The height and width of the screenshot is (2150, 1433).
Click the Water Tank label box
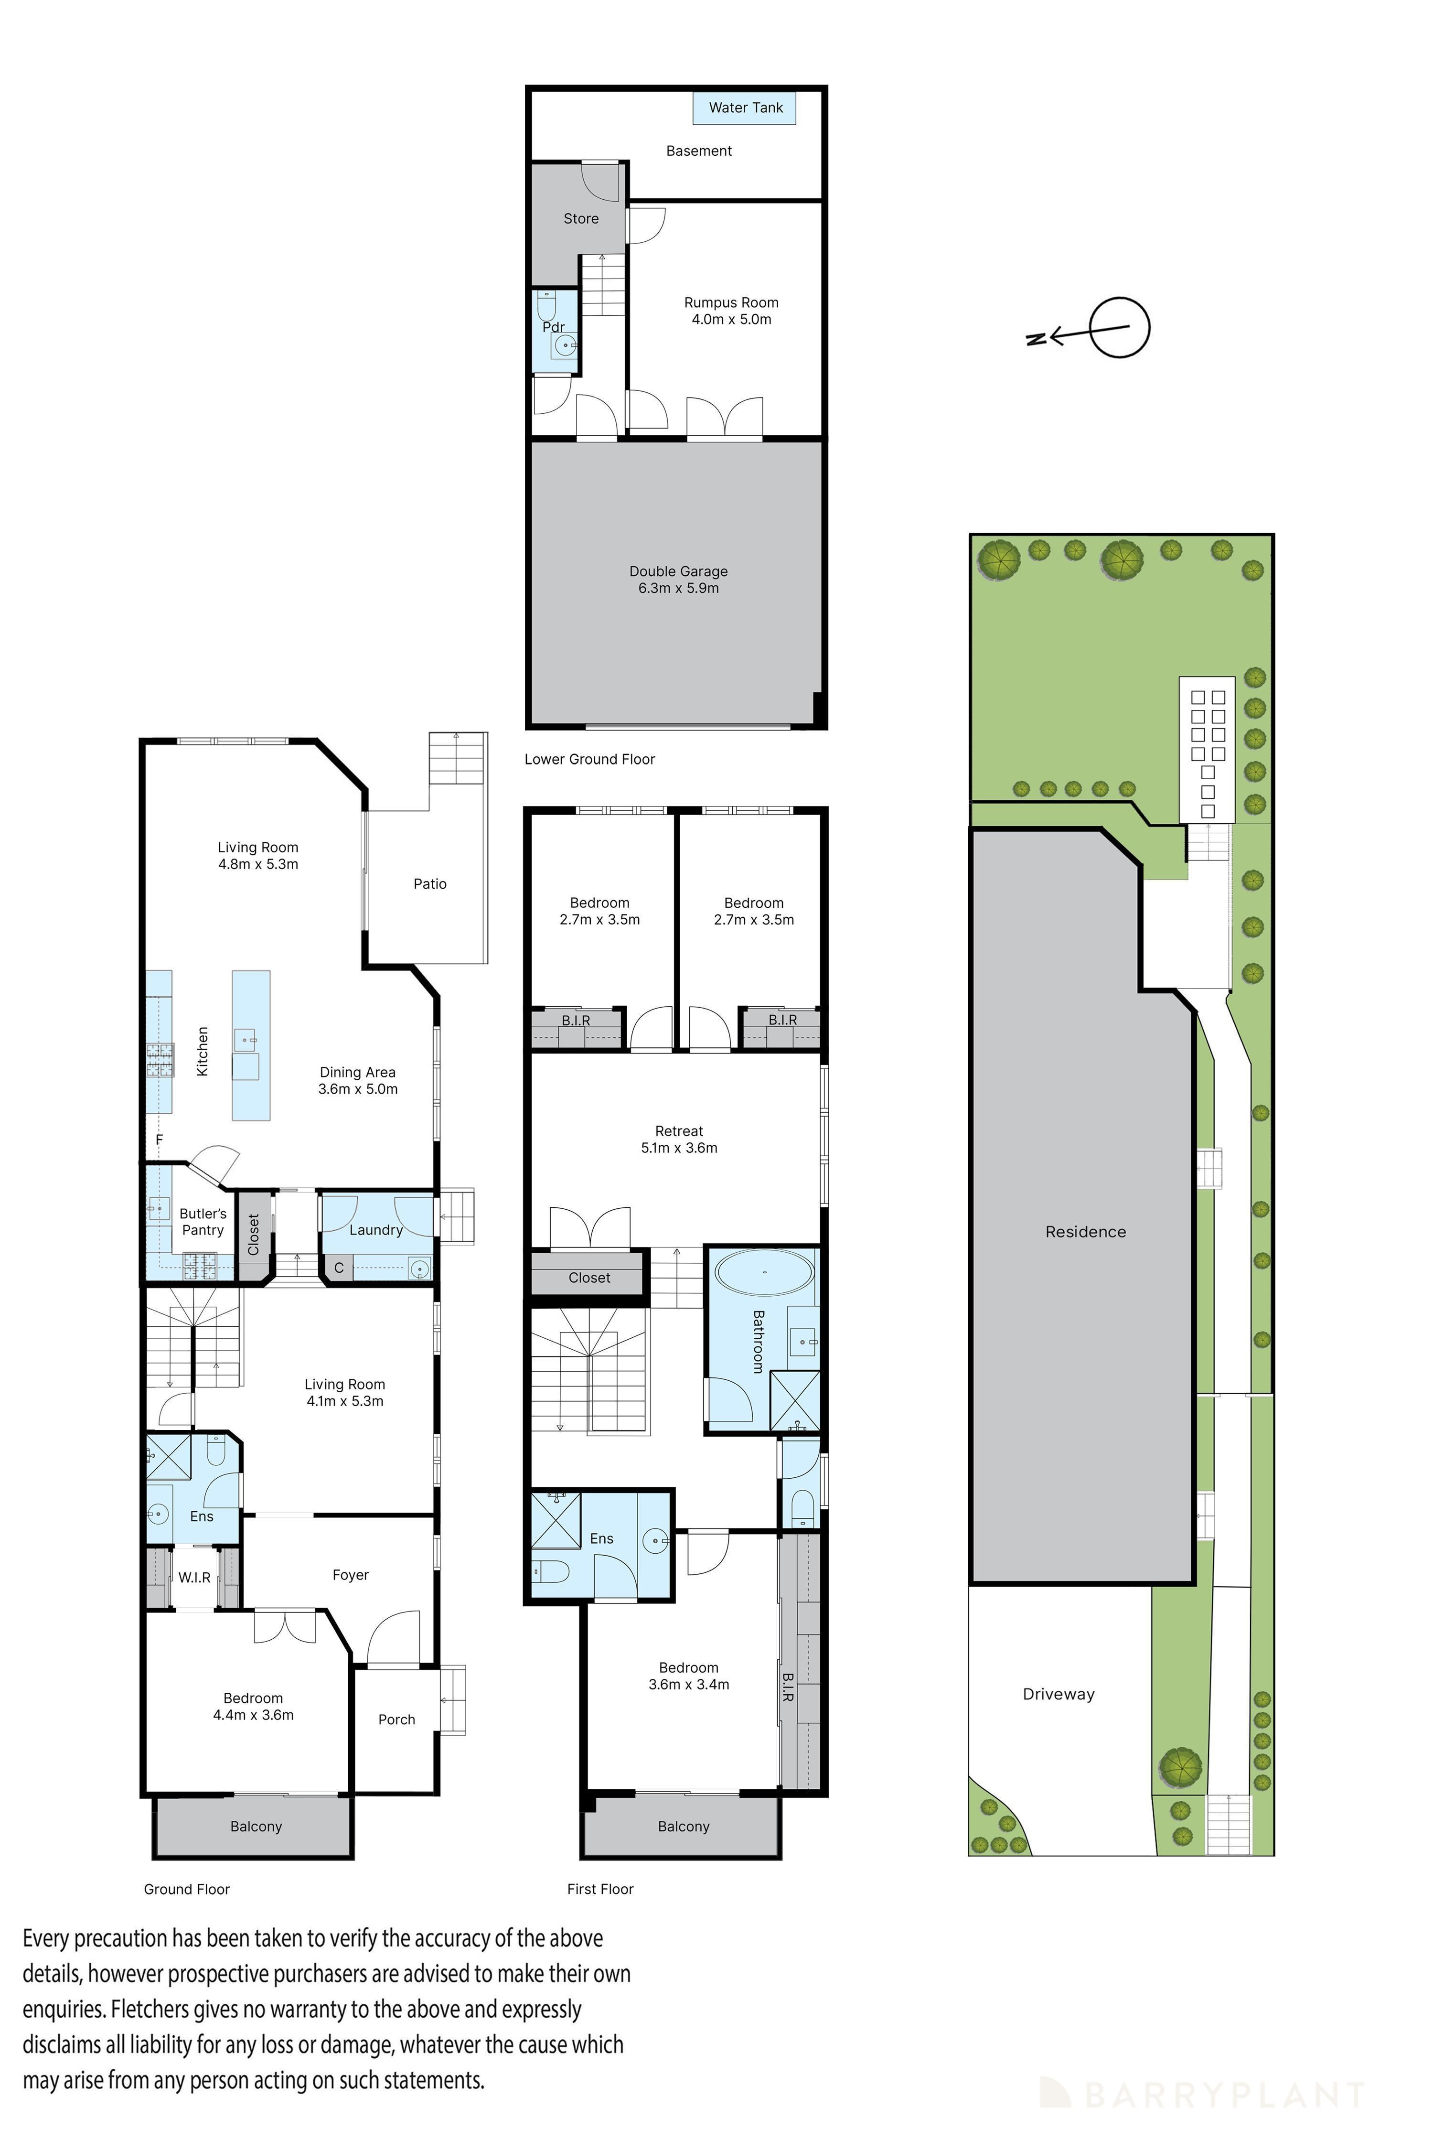745,108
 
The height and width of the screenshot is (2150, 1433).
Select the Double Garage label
678,571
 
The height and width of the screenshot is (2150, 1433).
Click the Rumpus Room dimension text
731,319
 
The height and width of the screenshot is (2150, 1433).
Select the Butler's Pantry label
203,1221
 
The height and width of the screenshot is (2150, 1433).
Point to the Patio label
429,884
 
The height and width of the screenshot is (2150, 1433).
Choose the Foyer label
350,1575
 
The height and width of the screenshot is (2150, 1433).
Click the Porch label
396,1720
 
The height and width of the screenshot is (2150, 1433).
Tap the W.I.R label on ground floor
195,1578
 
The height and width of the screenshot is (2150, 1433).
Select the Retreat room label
679,1131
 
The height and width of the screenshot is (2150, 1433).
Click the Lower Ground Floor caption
589,759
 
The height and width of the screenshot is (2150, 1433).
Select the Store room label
581,218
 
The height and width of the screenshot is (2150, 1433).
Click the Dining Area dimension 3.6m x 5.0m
357,1089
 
